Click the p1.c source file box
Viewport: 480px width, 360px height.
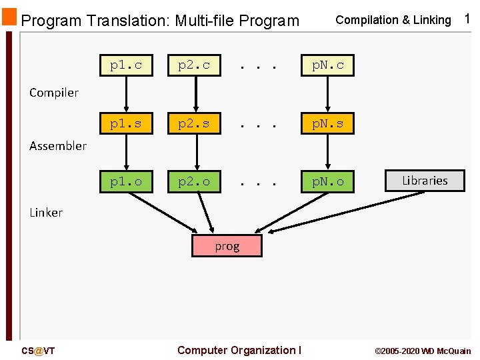(x=126, y=65)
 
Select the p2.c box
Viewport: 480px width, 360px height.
(x=194, y=65)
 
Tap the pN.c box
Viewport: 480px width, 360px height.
(x=327, y=65)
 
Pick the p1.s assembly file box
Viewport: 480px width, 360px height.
(x=126, y=123)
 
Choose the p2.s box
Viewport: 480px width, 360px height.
(x=194, y=123)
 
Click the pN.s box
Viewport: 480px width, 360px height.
(x=327, y=123)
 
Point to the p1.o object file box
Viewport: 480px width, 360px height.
(x=126, y=181)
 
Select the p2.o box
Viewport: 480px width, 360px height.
(x=194, y=181)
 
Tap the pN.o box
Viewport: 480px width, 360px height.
(x=327, y=181)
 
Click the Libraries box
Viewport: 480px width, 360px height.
(x=425, y=181)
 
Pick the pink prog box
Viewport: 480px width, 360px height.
(x=227, y=246)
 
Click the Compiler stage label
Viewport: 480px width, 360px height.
(x=54, y=93)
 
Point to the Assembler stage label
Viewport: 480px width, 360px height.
(x=58, y=145)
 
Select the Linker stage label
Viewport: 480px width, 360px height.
(x=46, y=213)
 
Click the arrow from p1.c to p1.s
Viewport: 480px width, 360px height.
(x=127, y=94)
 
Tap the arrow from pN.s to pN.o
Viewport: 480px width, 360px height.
(x=327, y=152)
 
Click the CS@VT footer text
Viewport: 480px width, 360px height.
(x=38, y=351)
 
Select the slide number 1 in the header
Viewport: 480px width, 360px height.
(x=467, y=19)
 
